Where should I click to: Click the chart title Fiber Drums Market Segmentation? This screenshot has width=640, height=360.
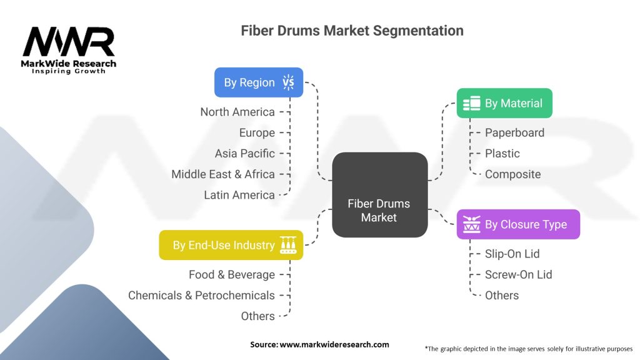(x=352, y=31)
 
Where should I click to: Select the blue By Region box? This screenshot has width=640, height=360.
(x=259, y=82)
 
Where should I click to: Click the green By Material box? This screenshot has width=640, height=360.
(x=504, y=103)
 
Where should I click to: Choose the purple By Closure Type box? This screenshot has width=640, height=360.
(x=518, y=224)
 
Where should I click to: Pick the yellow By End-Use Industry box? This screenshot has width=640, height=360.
(x=231, y=245)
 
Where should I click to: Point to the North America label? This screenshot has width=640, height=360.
(x=237, y=112)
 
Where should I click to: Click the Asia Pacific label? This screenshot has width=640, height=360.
(x=245, y=153)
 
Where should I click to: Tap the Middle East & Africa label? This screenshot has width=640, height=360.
(x=223, y=174)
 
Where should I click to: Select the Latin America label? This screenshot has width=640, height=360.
(x=239, y=195)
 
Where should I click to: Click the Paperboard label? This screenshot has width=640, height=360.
(x=514, y=132)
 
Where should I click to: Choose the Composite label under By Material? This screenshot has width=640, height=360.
(x=513, y=174)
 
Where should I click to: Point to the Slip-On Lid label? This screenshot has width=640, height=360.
(x=512, y=254)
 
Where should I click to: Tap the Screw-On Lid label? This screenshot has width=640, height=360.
(x=519, y=274)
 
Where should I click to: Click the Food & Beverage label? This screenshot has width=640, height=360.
(x=232, y=274)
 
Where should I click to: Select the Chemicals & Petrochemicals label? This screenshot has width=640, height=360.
(x=201, y=295)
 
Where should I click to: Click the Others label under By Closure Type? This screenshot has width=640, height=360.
(x=502, y=295)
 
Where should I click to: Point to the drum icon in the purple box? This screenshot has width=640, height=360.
(x=472, y=224)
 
